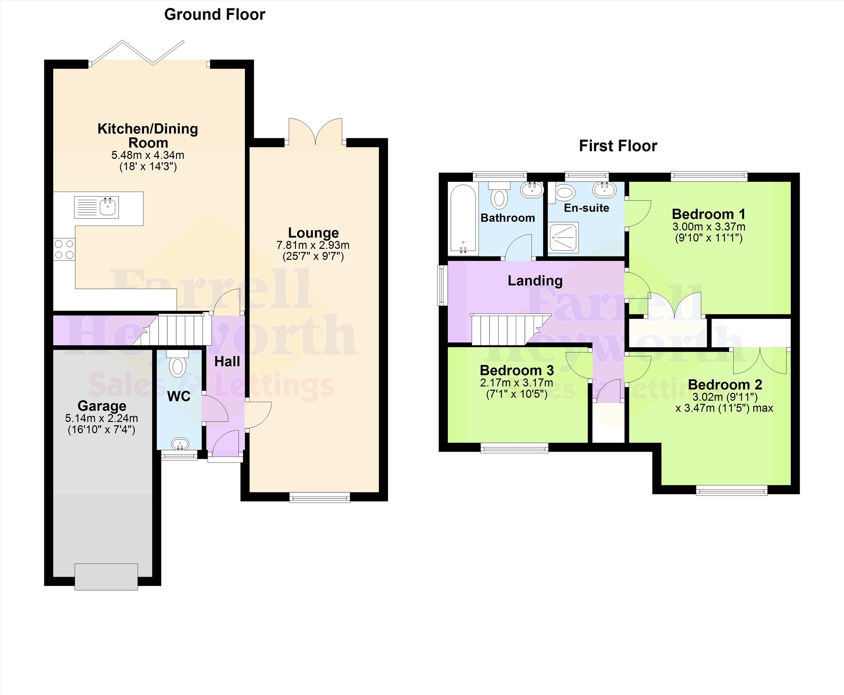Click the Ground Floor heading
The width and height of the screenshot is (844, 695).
tap(215, 15)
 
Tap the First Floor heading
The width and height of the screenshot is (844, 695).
tap(618, 146)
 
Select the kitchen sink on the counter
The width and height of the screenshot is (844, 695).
tap(97, 207)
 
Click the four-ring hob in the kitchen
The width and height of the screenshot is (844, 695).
tap(64, 249)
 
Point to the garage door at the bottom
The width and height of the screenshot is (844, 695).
tap(106, 576)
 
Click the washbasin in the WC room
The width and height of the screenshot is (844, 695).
tap(180, 444)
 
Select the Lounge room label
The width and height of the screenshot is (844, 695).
tap(314, 233)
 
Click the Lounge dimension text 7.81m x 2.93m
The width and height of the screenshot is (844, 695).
tap(313, 245)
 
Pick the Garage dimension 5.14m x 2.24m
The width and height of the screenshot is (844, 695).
tap(102, 418)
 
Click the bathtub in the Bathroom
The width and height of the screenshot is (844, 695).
tap(463, 218)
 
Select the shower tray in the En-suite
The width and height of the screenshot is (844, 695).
tap(563, 238)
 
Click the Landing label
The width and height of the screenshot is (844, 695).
tap(535, 281)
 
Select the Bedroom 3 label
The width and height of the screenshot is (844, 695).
tap(517, 370)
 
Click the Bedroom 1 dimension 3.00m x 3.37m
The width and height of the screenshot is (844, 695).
tap(709, 227)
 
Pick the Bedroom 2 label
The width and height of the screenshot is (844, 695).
tap(725, 385)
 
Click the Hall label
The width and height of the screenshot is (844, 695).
tap(227, 361)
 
